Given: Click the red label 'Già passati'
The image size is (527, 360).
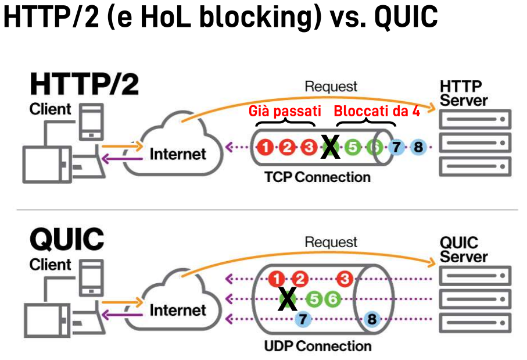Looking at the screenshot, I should pyautogui.click(x=285, y=111).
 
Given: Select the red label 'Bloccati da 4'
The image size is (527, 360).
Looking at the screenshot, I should pyautogui.click(x=377, y=111).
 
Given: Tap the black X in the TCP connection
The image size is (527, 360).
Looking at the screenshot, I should pyautogui.click(x=331, y=147).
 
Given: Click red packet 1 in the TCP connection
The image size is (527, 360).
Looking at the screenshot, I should pyautogui.click(x=266, y=147).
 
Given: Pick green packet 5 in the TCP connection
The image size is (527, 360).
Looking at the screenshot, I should pyautogui.click(x=352, y=147).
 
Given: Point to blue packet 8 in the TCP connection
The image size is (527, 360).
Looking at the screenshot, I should pyautogui.click(x=418, y=147).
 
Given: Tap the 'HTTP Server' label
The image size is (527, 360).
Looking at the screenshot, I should pyautogui.click(x=461, y=93).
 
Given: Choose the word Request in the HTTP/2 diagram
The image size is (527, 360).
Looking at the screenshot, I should pyautogui.click(x=331, y=87).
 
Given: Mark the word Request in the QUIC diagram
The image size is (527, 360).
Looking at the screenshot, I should pyautogui.click(x=331, y=241).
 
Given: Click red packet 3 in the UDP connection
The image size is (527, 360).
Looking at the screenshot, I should pyautogui.click(x=345, y=279).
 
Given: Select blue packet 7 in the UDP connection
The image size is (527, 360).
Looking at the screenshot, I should pyautogui.click(x=303, y=318).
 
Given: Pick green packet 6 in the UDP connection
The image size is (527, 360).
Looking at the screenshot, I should pyautogui.click(x=332, y=299).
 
